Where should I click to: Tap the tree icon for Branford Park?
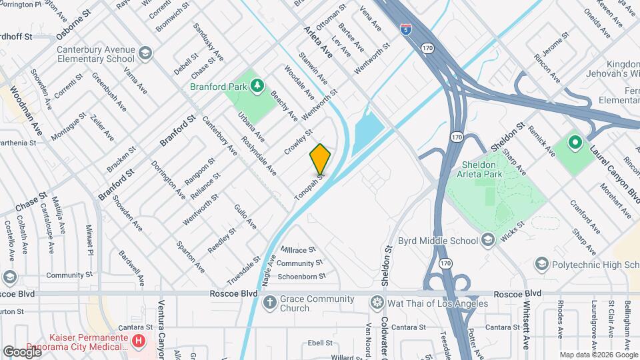pyautogui.click(x=256, y=86)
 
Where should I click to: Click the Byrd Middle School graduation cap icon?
pyautogui.click(x=488, y=241)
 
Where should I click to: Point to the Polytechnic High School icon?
pyautogui.click(x=542, y=263)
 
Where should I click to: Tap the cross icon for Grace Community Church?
pyautogui.click(x=269, y=303)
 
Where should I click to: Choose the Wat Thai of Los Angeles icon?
pyautogui.click(x=378, y=303)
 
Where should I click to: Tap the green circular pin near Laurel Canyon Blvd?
pyautogui.click(x=575, y=142)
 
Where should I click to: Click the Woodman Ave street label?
pyautogui.click(x=27, y=110)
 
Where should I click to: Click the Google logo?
pyautogui.click(x=22, y=351)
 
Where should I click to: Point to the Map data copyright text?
pyautogui.click(x=597, y=355)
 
